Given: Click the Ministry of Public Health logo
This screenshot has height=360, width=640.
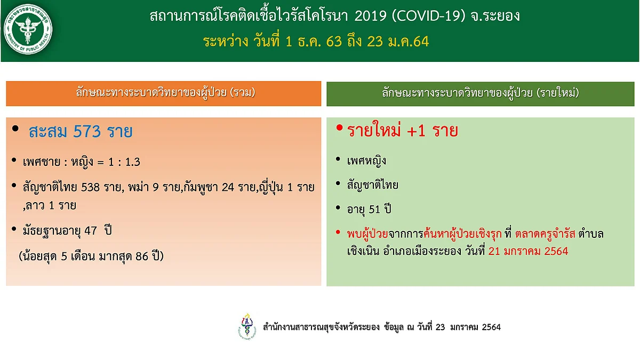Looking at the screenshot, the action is pos(28,29).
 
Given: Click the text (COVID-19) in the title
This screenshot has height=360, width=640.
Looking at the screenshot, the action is pos(429,16).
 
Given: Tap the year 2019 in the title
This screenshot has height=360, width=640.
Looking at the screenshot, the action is pos(371,16).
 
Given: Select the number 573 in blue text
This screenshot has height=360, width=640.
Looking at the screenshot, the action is pos(87,132).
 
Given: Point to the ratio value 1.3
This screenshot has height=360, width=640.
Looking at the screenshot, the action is pos(133,162).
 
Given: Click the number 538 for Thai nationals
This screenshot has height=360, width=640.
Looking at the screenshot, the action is pos(90,187).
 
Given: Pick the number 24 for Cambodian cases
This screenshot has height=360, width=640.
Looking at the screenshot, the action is pos(228,187).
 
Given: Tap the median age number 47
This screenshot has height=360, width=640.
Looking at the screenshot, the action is pos(91,230).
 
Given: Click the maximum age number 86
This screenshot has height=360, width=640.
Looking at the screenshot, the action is pos(142,257).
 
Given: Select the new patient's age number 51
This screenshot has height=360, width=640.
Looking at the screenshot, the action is pos(374,210).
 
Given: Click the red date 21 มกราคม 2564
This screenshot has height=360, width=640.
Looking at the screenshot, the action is pos(529,251).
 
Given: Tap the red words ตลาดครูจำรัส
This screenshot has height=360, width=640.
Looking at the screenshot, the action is pos(545,234).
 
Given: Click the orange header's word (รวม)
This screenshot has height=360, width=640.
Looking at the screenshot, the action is pos(243,93).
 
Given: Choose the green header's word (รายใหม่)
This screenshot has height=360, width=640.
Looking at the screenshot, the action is pos(558,93).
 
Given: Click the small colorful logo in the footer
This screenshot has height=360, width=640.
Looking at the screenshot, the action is pos(247,326).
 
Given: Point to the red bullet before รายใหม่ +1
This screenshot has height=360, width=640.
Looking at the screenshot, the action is pos(339,127).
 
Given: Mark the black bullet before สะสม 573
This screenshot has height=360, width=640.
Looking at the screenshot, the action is pos(15,129).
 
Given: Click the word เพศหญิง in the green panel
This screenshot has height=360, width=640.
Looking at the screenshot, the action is pos(366,161).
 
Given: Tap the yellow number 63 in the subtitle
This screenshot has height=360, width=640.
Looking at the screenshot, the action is pos(334,42).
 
